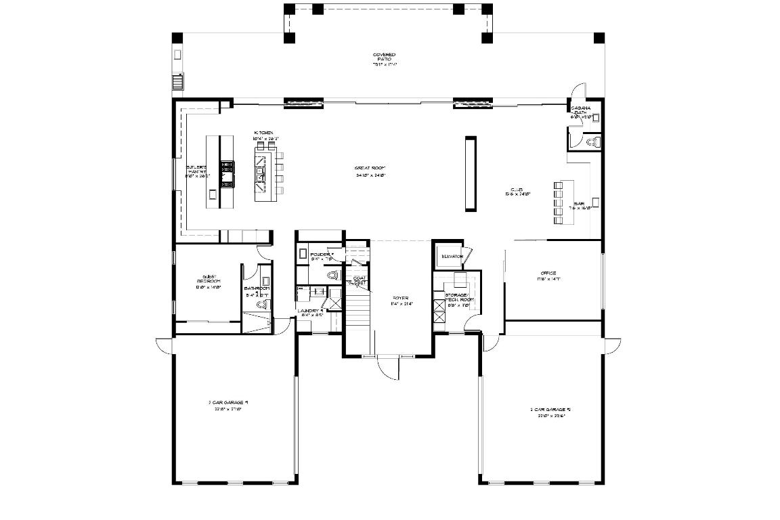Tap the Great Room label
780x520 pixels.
370,171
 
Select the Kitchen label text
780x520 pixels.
263,135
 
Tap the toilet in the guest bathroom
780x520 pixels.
263,305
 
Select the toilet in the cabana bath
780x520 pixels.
594,142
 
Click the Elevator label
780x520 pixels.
452,257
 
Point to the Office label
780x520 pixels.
548,276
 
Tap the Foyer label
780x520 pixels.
401,301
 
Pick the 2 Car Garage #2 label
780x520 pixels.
546,412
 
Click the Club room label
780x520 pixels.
517,191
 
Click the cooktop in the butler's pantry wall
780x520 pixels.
227,172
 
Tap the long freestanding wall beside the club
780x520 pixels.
470,173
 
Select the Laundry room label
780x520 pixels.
311,313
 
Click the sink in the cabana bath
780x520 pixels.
595,117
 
